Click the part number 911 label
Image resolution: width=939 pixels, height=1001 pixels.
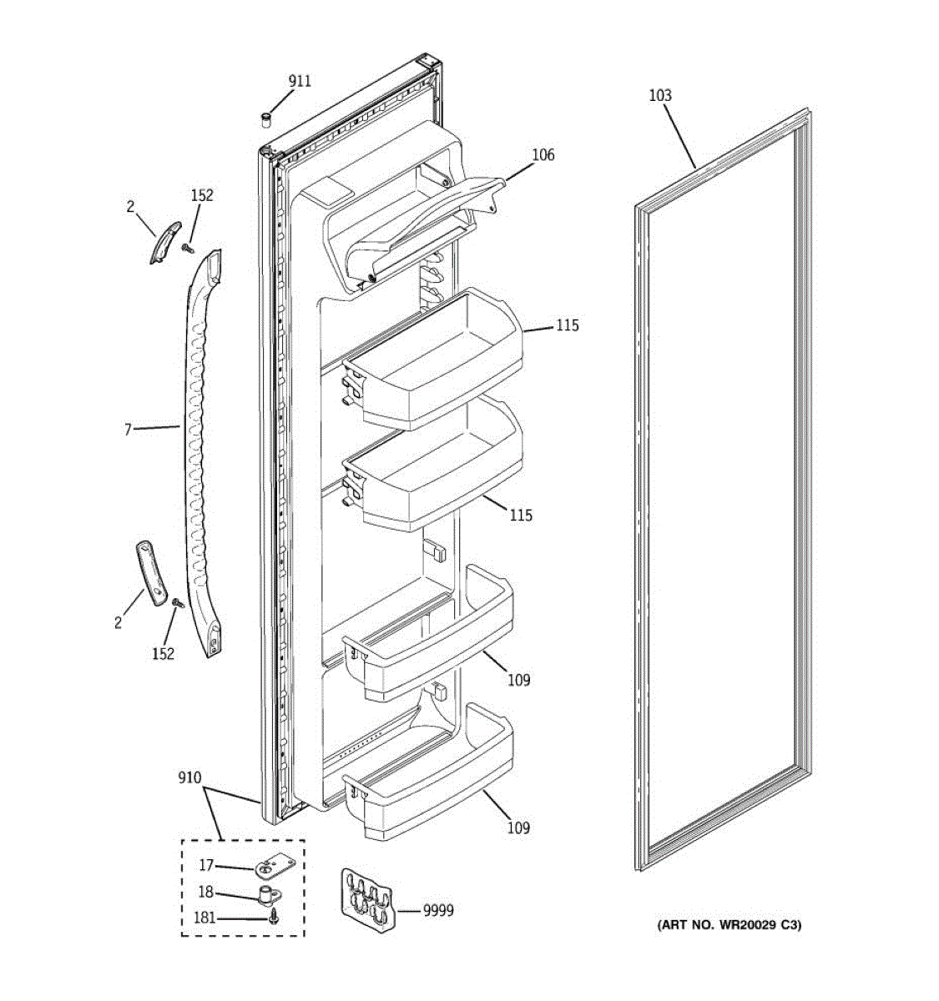300,81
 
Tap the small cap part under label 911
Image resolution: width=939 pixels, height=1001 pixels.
266,120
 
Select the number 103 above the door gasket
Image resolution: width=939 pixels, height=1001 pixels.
659,96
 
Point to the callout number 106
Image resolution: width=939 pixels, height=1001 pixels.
543,154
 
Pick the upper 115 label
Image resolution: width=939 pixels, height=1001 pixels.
567,325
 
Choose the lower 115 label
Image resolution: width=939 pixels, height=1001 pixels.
521,516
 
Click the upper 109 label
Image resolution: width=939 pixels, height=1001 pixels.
519,680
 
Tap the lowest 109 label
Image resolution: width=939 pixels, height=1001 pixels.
519,827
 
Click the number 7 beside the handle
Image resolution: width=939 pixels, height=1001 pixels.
128,430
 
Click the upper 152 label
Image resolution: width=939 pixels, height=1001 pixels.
202,195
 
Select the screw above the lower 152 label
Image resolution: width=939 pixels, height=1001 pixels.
177,602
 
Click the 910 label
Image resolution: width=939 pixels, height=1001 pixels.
189,777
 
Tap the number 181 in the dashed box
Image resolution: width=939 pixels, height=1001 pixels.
204,918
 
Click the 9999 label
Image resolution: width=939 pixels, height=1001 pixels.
438,910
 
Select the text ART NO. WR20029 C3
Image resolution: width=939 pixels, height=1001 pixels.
729,924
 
